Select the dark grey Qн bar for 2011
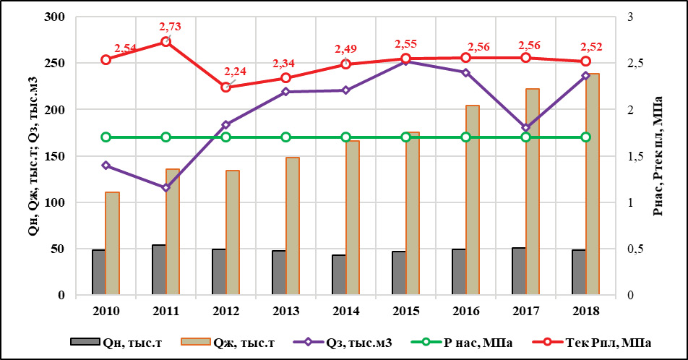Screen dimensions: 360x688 159,270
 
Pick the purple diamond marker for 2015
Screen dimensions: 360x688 406,61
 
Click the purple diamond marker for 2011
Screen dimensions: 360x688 165,188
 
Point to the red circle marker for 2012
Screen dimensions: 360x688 226,87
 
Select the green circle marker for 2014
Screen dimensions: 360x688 346,137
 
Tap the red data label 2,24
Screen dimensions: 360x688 235,72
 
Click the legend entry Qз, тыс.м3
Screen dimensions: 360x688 351,343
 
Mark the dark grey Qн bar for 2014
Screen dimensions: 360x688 339,275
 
